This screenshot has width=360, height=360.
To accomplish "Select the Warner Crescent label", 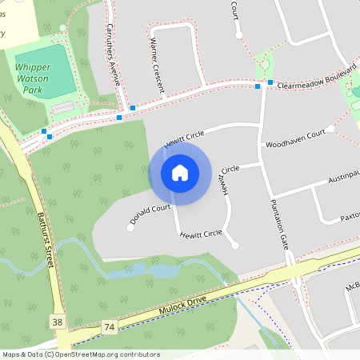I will [158, 63].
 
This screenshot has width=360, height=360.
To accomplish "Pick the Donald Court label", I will [151, 214].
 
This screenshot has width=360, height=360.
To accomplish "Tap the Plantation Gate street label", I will [279, 222].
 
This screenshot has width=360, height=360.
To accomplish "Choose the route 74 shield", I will [109, 327].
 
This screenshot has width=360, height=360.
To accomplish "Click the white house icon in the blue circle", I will [180, 172].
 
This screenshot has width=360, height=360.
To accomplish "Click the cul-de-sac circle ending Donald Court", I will [130, 228].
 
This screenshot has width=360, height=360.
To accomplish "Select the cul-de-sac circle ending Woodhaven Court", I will [330, 129].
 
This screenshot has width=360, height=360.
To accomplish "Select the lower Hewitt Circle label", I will [200, 234].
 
